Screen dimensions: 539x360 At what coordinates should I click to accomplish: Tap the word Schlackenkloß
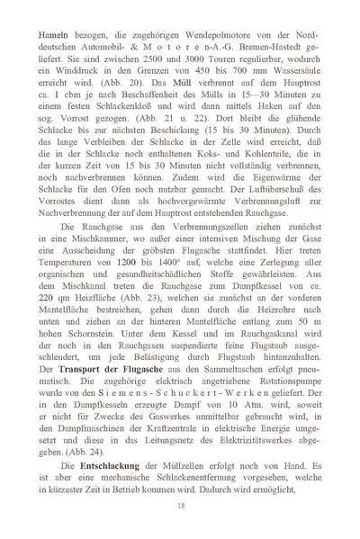point(122,121)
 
